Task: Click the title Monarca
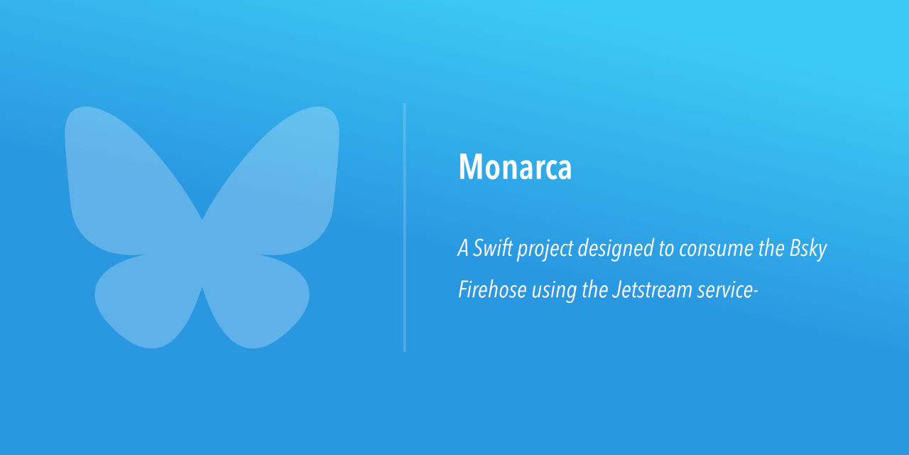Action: coord(515,168)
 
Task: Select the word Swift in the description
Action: coord(493,249)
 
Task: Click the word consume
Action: coord(714,250)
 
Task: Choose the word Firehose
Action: coord(486,290)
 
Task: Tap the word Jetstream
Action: coord(642,290)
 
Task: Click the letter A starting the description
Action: coord(464,249)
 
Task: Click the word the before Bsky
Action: coord(769,249)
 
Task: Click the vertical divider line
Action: coord(404,227)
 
